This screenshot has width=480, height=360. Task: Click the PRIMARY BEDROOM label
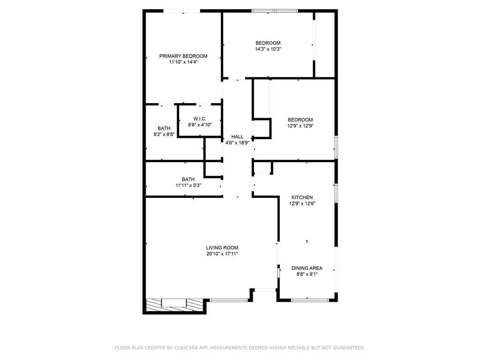183,56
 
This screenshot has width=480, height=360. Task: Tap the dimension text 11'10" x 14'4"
183,62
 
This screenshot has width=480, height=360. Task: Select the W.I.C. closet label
200,119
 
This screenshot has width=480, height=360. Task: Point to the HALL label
237,136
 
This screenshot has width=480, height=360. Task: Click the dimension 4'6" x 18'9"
237,142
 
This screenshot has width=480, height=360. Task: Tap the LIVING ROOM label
222,247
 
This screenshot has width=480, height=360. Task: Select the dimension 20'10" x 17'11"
222,254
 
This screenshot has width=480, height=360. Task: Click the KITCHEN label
302,197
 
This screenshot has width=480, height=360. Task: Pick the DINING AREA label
307,268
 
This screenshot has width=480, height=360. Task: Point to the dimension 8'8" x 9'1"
307,274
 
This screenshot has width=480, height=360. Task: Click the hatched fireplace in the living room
174,305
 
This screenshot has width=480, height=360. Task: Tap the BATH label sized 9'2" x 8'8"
164,128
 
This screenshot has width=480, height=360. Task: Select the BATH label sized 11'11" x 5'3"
188,179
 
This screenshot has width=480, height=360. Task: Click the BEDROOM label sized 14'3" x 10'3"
268,43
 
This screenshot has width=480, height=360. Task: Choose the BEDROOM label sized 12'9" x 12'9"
300,120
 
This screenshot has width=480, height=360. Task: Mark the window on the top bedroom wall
274,11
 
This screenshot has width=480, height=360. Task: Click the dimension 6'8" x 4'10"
200,125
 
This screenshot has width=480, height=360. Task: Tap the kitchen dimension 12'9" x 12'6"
302,203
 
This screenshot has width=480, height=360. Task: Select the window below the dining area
307,300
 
